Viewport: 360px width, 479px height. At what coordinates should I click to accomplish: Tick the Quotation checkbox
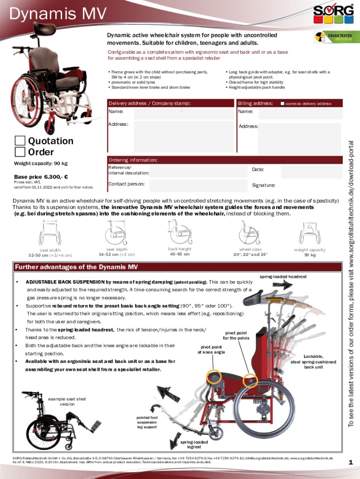click(x=20, y=141)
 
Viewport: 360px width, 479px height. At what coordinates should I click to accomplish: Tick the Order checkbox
click(x=20, y=152)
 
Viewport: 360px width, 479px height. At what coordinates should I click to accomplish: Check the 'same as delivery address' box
click(x=282, y=103)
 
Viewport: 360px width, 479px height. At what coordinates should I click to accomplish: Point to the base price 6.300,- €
click(x=41, y=177)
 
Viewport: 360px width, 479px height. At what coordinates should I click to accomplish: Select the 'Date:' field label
click(x=258, y=169)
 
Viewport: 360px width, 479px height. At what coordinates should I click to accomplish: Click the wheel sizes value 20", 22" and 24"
click(x=251, y=254)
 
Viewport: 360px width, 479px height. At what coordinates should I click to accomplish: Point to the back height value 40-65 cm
click(x=180, y=254)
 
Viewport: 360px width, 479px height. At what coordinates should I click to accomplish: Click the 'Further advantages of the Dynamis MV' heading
click(x=77, y=268)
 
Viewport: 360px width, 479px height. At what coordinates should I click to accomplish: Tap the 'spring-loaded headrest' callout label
click(x=283, y=277)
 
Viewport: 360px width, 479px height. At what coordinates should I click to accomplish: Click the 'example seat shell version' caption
click(x=67, y=401)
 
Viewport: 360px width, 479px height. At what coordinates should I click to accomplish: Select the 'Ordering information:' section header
click(x=133, y=160)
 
